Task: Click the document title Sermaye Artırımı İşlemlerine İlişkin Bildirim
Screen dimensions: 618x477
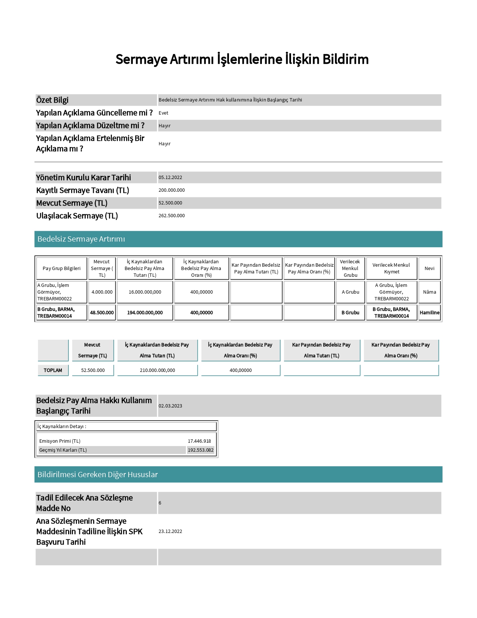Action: (x=242, y=59)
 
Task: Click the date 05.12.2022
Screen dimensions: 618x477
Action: (x=170, y=178)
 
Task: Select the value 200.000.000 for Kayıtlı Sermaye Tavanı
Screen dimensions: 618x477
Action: (x=171, y=190)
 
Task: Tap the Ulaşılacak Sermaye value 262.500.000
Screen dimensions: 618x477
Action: (x=171, y=216)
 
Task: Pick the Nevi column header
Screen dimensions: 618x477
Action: (x=429, y=269)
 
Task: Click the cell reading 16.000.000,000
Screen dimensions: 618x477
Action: (x=145, y=292)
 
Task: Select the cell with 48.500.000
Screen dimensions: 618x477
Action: (x=102, y=313)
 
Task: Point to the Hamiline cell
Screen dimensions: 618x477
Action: (x=429, y=313)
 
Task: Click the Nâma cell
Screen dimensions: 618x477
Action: (x=429, y=292)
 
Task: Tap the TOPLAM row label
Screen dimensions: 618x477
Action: (x=53, y=370)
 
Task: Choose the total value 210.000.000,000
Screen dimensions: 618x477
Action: (x=157, y=370)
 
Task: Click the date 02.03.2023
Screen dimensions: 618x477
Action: (x=170, y=406)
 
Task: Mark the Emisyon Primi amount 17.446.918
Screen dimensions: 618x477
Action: (x=199, y=441)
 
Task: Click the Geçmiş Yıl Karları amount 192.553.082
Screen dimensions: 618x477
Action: (x=201, y=450)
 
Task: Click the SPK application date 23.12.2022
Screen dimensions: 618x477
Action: (x=170, y=531)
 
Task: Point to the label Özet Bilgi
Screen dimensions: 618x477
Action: (x=52, y=100)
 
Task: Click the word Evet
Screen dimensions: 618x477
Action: (x=163, y=113)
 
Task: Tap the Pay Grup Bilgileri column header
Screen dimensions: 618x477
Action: (x=61, y=269)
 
